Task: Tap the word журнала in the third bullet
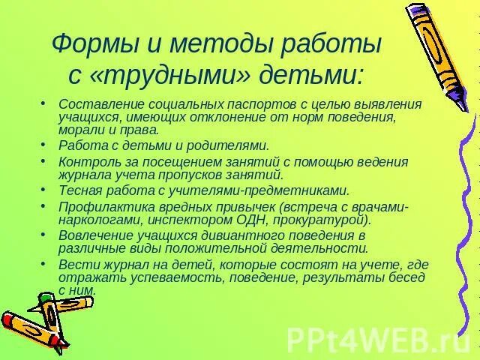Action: click(x=84, y=174)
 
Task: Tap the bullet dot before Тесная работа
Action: click(x=44, y=190)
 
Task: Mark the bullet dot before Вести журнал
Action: click(x=44, y=264)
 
